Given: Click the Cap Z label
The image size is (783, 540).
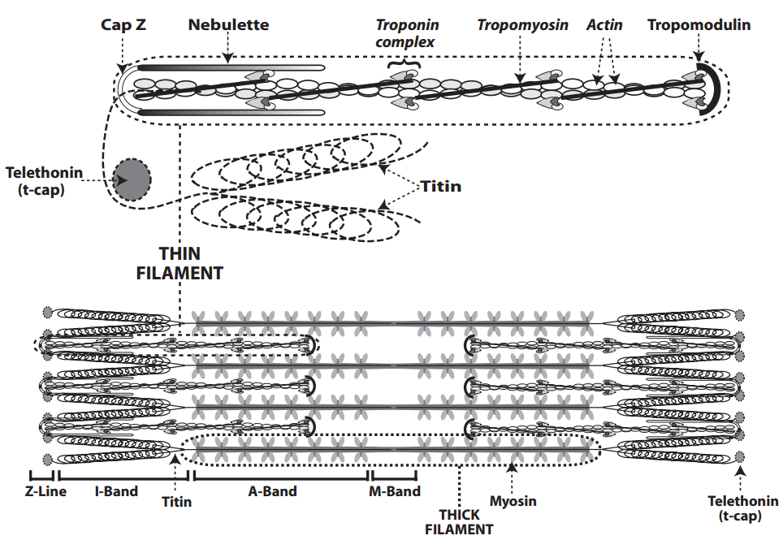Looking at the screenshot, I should [x=123, y=25].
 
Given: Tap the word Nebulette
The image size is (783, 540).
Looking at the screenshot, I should [x=228, y=25].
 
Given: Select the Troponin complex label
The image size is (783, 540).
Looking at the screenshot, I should [x=405, y=33].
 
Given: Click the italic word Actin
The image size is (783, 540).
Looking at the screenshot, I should [x=604, y=25].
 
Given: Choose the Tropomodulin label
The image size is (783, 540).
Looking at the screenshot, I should [x=699, y=25].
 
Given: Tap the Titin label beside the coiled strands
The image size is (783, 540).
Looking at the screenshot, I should [x=441, y=187].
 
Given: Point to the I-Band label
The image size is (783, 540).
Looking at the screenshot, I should [x=116, y=491].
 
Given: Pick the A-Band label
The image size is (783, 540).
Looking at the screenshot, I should [x=273, y=491].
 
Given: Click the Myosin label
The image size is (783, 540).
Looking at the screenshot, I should [x=513, y=501].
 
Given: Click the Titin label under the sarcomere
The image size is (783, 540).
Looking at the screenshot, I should [x=176, y=502].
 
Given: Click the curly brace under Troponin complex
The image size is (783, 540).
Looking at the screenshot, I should [x=405, y=63].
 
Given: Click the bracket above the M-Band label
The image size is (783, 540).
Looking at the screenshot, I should [x=395, y=475].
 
